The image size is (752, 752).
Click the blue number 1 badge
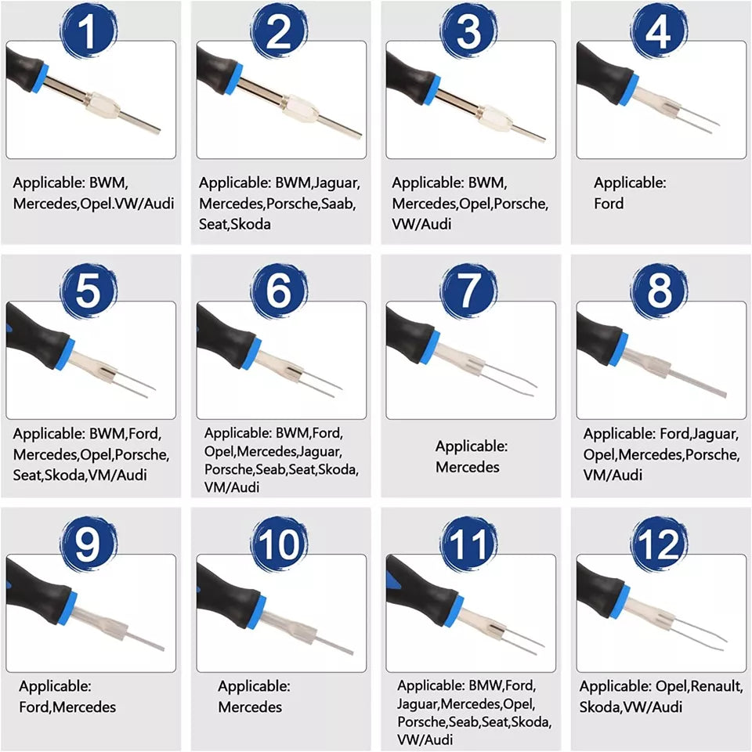point(89,31)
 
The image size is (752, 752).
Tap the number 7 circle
point(468,291)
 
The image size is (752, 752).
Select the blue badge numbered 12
point(659,544)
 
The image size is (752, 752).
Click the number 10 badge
point(279,544)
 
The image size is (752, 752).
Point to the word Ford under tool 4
point(609,204)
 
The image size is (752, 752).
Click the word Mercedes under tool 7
point(467,467)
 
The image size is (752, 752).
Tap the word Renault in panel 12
point(716,687)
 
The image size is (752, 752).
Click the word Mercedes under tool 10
point(250,707)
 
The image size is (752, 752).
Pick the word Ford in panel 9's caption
point(34,707)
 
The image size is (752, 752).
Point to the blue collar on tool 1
point(42,78)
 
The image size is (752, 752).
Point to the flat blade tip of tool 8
point(724,395)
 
